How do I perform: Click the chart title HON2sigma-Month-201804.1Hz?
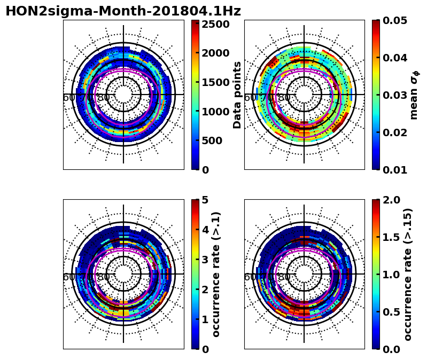(x=123, y=11)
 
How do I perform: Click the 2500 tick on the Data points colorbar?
(x=215, y=24)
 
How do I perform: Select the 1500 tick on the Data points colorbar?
(x=215, y=82)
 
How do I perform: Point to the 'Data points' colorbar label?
(x=238, y=95)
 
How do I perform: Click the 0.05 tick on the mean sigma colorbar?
(x=396, y=20)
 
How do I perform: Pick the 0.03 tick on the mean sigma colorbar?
(x=396, y=95)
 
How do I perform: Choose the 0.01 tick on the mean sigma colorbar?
(x=396, y=170)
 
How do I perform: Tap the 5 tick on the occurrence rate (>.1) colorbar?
(x=205, y=200)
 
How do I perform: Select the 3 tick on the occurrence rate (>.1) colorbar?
(x=205, y=260)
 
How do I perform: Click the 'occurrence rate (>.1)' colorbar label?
(x=216, y=274)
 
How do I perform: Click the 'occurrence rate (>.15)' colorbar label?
(x=408, y=274)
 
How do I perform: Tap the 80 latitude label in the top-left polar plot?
(x=103, y=98)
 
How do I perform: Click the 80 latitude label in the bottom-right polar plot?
(x=284, y=277)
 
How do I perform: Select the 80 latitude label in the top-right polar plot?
(x=284, y=98)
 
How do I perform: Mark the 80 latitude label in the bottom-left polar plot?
(x=103, y=277)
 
